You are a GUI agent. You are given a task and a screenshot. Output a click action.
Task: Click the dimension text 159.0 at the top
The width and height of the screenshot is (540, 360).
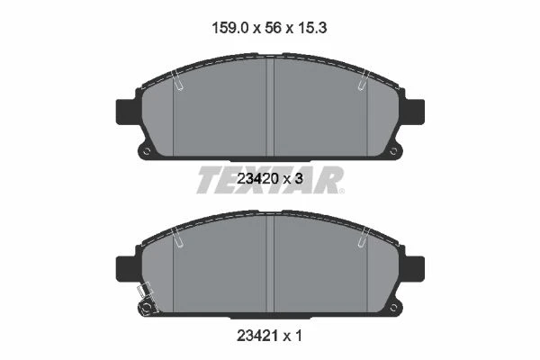230,28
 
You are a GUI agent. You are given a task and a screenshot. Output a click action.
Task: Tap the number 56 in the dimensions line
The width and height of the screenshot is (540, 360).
273,28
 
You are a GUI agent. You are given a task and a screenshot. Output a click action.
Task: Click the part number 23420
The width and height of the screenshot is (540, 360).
257,178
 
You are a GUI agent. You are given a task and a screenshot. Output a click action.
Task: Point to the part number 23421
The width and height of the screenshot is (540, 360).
257,335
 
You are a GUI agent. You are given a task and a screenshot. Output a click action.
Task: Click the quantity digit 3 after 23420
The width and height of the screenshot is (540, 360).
299,178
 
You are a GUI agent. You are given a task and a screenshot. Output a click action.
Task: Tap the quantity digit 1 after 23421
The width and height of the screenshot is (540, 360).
299,335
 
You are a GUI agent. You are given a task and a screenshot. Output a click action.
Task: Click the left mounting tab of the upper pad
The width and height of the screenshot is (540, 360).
126,112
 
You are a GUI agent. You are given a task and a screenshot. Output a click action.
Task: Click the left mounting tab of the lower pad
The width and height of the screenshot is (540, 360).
126,269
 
